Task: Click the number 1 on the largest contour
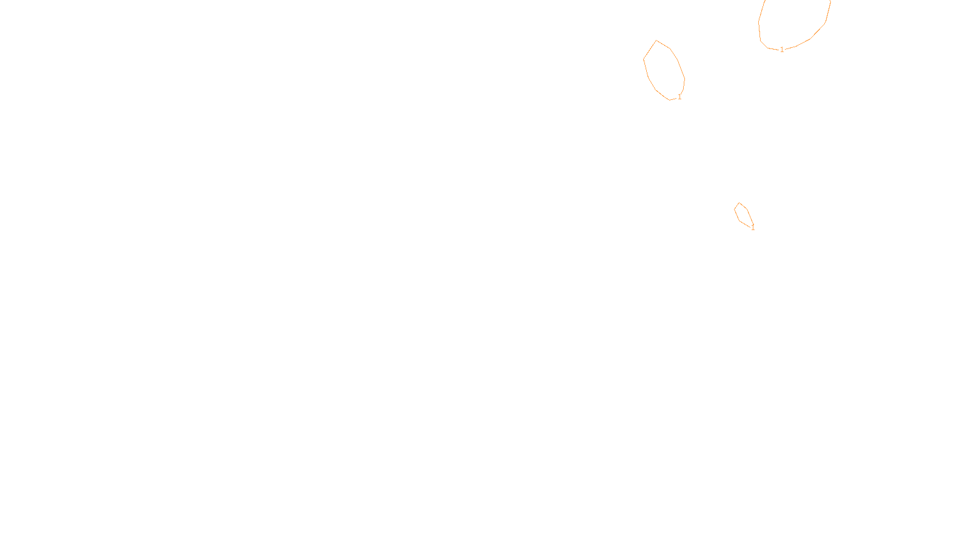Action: (782, 50)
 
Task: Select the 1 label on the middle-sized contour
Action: (680, 97)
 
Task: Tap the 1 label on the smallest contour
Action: (753, 228)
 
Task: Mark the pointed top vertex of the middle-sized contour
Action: (656, 41)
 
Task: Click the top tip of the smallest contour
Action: (739, 203)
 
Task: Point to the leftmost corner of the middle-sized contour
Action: (643, 59)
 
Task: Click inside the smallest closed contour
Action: (743, 215)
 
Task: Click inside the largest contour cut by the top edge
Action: (793, 21)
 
